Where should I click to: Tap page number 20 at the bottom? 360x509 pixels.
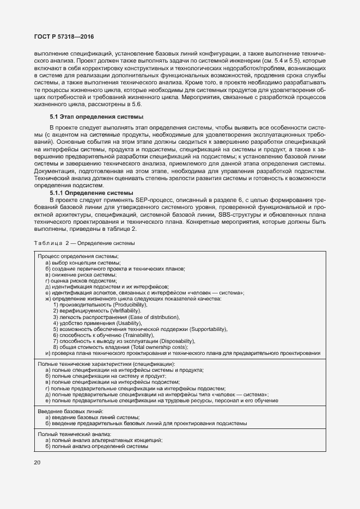coord(37,463)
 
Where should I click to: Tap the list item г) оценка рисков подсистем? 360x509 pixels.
coord(81,281)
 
